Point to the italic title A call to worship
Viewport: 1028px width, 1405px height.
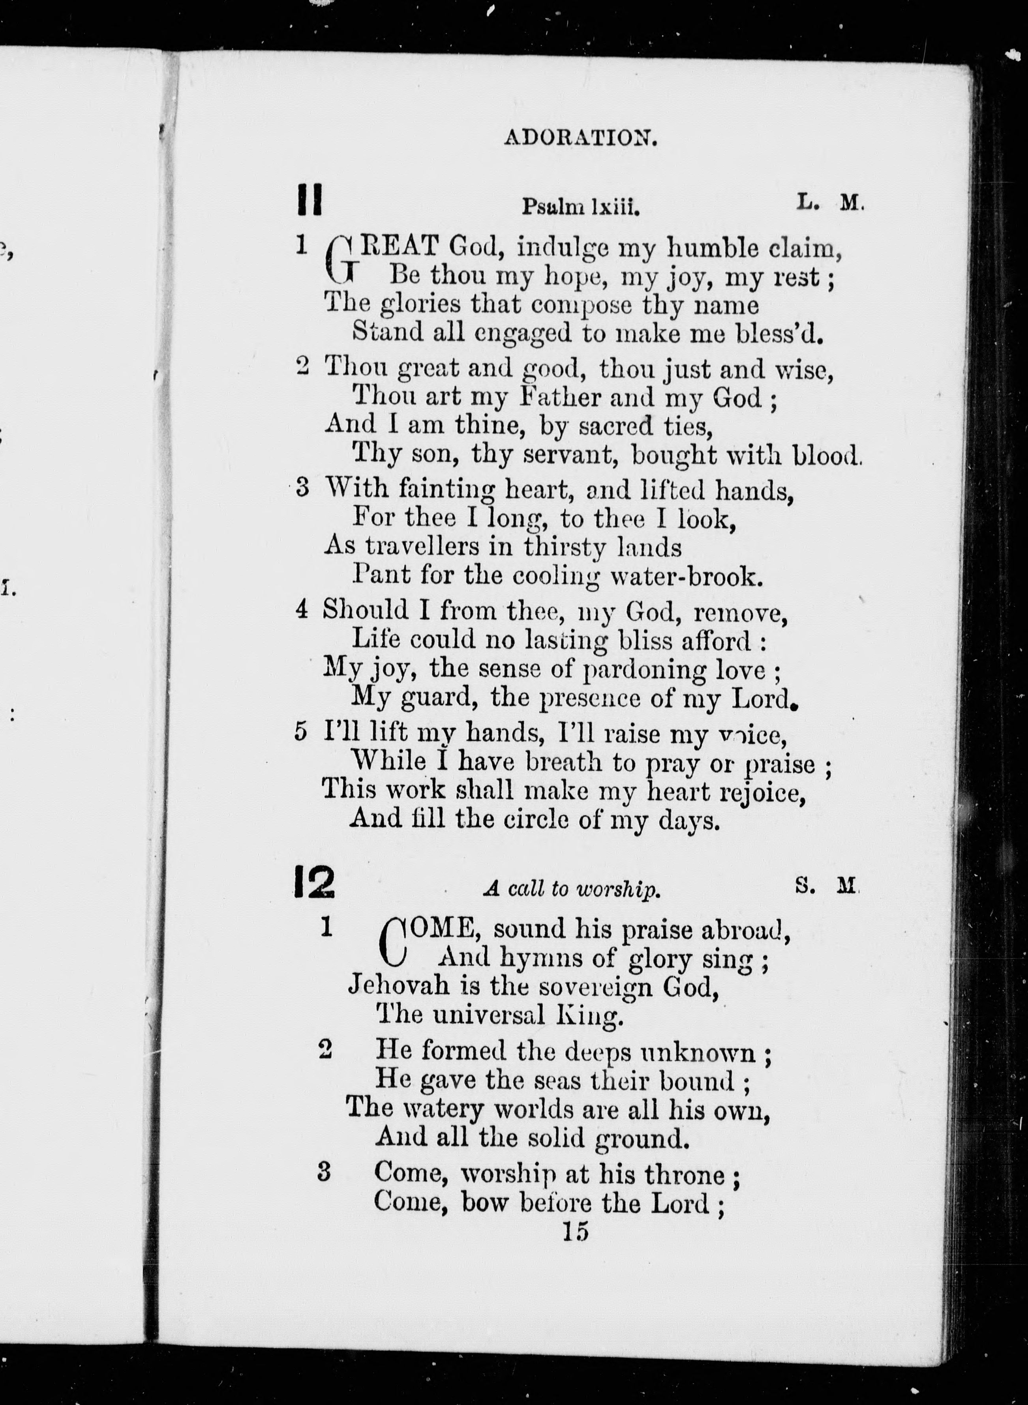(x=570, y=890)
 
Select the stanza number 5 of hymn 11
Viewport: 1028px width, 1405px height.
(x=300, y=732)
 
